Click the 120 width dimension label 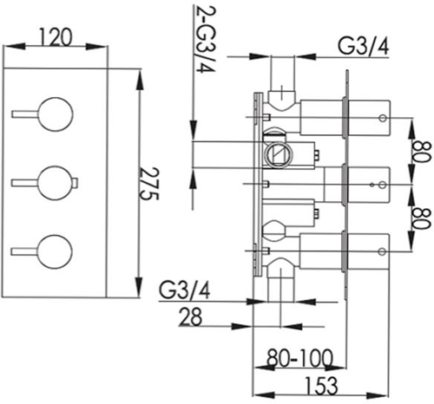pos(55,37)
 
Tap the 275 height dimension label pos(149,184)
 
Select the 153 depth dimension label pos(321,385)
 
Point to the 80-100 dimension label pos(299,358)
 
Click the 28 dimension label pos(190,316)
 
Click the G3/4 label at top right pos(364,47)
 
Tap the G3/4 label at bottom pos(185,290)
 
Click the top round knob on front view pos(55,114)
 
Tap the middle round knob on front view pos(55,183)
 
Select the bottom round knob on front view pos(55,252)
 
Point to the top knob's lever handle pos(24,114)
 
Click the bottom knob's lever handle pos(24,251)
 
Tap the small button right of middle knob pos(76,183)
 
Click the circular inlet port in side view pos(279,155)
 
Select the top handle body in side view pos(369,118)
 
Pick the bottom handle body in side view pos(369,251)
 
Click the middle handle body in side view pos(369,185)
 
